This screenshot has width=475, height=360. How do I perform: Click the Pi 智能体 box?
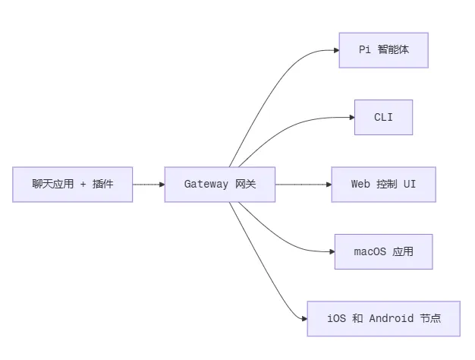pyautogui.click(x=383, y=50)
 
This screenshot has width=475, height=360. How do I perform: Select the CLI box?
pyautogui.click(x=383, y=118)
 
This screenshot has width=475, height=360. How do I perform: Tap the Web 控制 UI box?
pyautogui.click(x=383, y=185)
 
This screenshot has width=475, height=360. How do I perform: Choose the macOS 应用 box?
pyautogui.click(x=383, y=251)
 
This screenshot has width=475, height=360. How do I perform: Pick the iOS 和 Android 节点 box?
pyautogui.click(x=383, y=319)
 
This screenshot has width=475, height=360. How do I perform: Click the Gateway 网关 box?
pyautogui.click(x=220, y=185)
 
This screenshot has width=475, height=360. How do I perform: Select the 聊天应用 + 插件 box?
pyautogui.click(x=72, y=185)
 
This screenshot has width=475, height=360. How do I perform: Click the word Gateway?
pyautogui.click(x=206, y=184)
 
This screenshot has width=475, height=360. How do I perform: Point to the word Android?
pyautogui.click(x=391, y=318)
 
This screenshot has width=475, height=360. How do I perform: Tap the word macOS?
pyautogui.click(x=370, y=251)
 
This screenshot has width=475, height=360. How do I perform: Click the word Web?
pyautogui.click(x=360, y=184)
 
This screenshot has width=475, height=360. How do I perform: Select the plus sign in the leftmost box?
pyautogui.click(x=83, y=184)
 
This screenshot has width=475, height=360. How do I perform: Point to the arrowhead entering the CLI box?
pyautogui.click(x=352, y=118)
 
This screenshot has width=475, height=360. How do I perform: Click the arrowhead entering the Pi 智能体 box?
pyautogui.click(x=337, y=50)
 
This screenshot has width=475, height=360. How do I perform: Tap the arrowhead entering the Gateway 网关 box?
pyautogui.click(x=162, y=185)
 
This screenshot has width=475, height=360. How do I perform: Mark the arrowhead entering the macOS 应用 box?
pyautogui.click(x=332, y=251)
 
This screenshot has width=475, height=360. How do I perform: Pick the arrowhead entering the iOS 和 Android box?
pyautogui.click(x=305, y=319)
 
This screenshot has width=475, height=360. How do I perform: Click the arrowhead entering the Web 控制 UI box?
pyautogui.click(x=329, y=185)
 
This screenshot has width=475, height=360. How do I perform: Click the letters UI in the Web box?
pyautogui.click(x=410, y=184)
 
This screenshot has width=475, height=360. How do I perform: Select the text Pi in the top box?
pyautogui.click(x=365, y=49)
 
